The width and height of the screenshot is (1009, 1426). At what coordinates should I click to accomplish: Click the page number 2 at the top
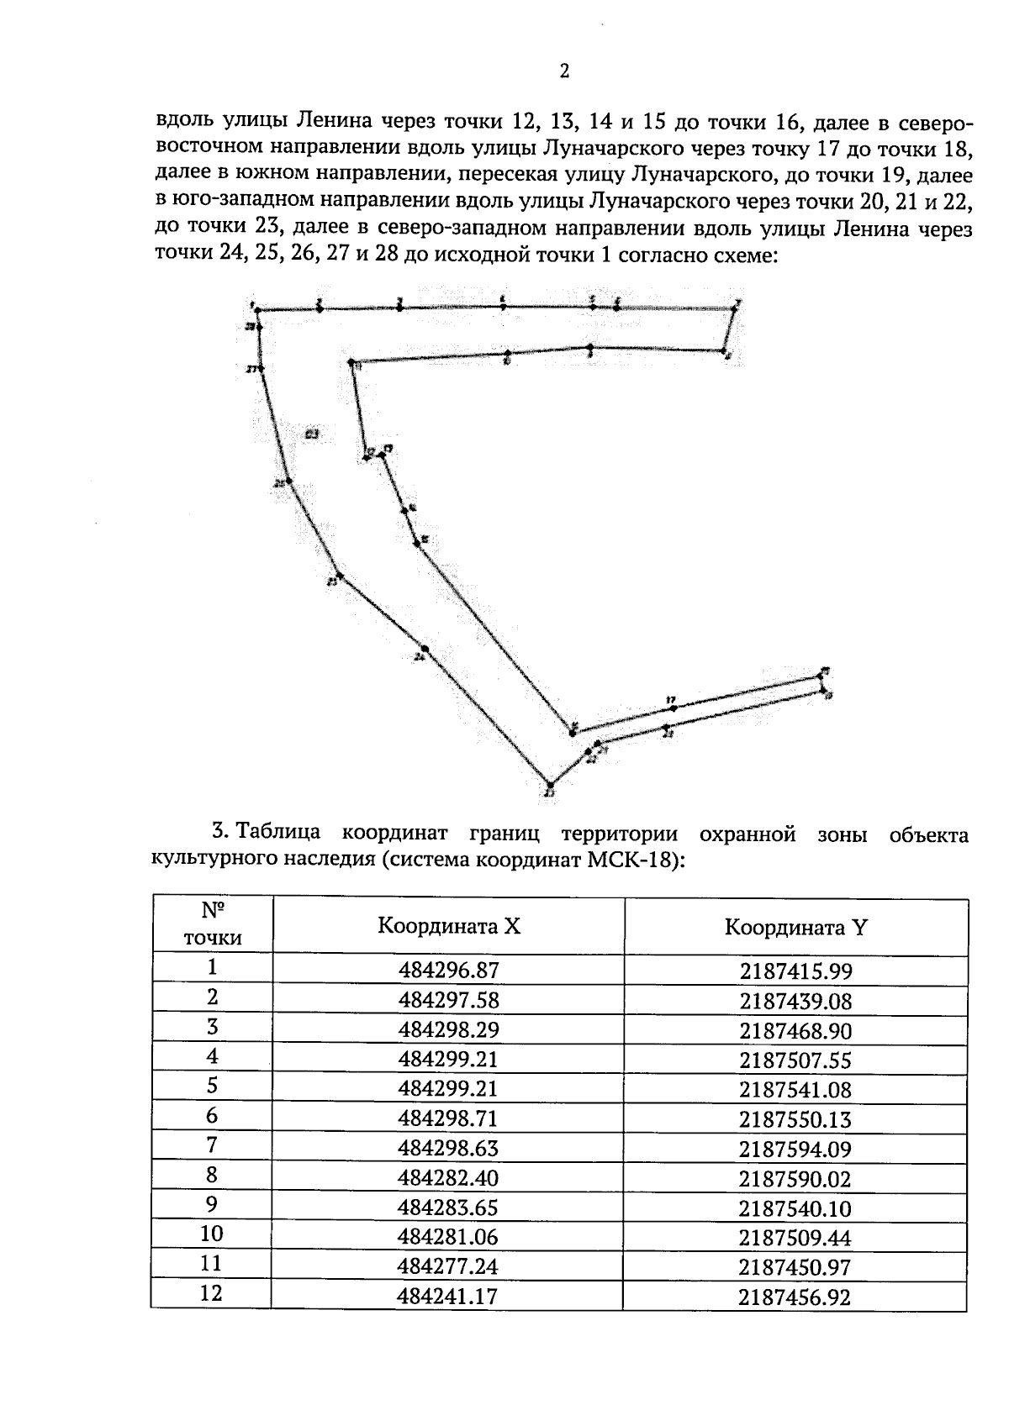point(564,71)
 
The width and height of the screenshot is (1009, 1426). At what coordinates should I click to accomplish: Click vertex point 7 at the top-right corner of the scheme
point(734,308)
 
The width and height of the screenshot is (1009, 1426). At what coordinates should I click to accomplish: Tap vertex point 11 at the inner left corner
point(351,362)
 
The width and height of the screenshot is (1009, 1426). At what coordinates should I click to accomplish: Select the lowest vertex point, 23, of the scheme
point(549,785)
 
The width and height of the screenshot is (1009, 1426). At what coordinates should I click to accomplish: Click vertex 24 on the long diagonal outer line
point(425,649)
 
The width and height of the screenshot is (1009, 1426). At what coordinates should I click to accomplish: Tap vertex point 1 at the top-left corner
point(257,309)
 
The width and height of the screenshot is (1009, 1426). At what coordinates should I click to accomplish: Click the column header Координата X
point(449,926)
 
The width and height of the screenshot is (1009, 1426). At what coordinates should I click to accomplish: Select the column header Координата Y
point(795,928)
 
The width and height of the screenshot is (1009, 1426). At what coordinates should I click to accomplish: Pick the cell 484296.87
point(448,971)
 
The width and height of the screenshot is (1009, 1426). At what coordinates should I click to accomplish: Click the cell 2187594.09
point(795,1149)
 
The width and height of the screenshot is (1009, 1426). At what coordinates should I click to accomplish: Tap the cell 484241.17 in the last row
point(447,1297)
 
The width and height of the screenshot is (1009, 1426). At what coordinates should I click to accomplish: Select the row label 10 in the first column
point(212,1234)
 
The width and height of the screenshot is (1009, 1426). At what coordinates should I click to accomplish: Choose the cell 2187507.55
point(795,1060)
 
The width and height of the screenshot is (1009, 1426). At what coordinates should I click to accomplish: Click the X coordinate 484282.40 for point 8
point(448,1178)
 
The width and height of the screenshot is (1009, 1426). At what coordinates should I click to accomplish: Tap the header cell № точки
point(212,924)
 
